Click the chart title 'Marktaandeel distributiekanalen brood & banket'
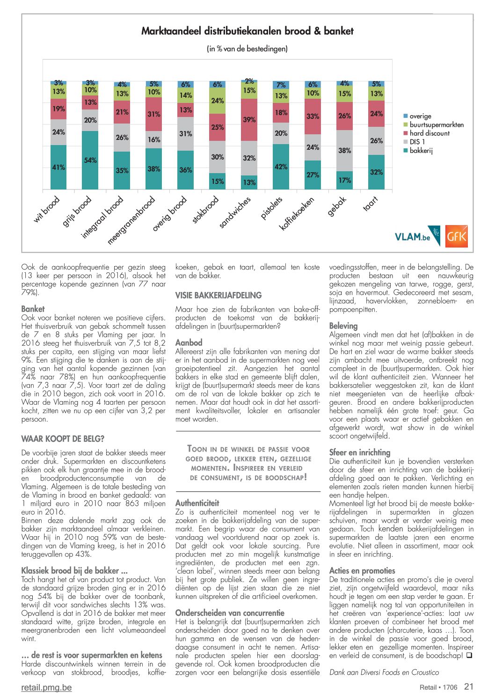click(x=247, y=31)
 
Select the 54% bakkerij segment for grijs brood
click(x=90, y=160)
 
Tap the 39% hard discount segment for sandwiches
click(x=249, y=120)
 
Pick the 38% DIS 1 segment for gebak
click(x=344, y=151)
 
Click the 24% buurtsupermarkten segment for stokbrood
click(x=217, y=101)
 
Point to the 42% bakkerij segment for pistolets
click(x=281, y=167)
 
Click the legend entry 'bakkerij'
click(x=418, y=151)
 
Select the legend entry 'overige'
click(x=417, y=116)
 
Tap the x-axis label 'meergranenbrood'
click(x=131, y=220)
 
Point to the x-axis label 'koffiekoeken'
click(x=296, y=214)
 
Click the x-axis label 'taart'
click(x=371, y=204)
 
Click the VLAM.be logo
click(x=417, y=236)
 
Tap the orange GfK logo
click(x=456, y=236)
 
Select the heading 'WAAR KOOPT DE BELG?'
click(x=63, y=439)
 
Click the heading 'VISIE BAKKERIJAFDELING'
click(x=218, y=295)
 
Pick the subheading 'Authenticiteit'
click(x=197, y=503)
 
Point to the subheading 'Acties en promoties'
click(x=362, y=571)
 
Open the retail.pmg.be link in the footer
click(x=47, y=687)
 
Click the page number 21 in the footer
click(x=469, y=686)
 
